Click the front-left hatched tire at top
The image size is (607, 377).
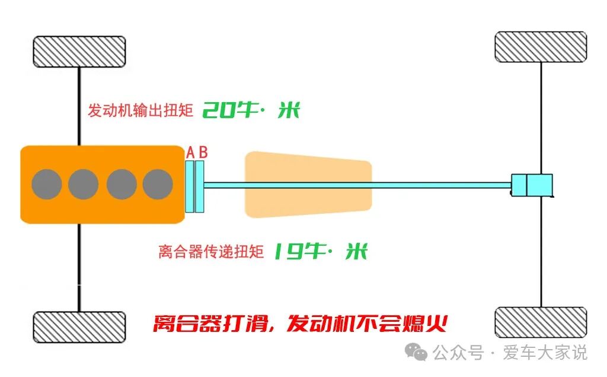pyautogui.click(x=79, y=52)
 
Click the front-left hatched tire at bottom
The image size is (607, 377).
pyautogui.click(x=79, y=327)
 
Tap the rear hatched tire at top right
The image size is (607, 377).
pyautogui.click(x=541, y=47)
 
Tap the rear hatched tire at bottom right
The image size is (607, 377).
pyautogui.click(x=541, y=322)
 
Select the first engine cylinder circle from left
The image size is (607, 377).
pyautogui.click(x=46, y=184)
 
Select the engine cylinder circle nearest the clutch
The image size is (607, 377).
pyautogui.click(x=158, y=184)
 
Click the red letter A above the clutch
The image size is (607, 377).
pyautogui.click(x=190, y=153)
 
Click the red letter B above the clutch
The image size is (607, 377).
pyautogui.click(x=203, y=153)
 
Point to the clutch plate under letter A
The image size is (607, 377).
pyautogui.click(x=190, y=186)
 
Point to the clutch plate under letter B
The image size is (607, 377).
pyautogui.click(x=200, y=186)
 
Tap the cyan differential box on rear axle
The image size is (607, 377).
pyautogui.click(x=532, y=185)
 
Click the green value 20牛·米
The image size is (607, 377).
pyautogui.click(x=251, y=110)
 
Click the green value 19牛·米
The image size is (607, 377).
pyautogui.click(x=320, y=252)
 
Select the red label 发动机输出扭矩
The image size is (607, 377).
pyautogui.click(x=140, y=111)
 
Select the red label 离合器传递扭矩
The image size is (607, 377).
pyautogui.click(x=210, y=252)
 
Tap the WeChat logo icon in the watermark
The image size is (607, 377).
pyautogui.click(x=419, y=353)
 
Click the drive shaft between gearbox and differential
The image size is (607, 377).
pyautogui.click(x=442, y=185)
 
